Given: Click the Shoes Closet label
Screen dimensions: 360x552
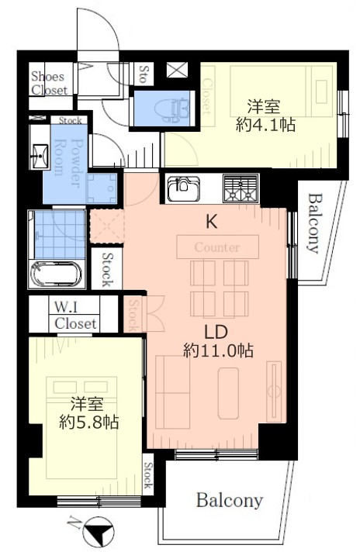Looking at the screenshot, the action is (x=49, y=83).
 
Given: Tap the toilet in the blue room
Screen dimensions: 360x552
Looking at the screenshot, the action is (x=171, y=109).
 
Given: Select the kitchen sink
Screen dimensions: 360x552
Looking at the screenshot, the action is (x=184, y=188).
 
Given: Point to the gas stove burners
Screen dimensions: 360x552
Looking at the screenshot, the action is (x=241, y=188).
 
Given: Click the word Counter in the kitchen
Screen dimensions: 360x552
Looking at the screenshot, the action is (x=217, y=247).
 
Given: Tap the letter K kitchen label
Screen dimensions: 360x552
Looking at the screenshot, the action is (x=211, y=222).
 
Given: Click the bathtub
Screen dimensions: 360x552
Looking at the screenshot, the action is (x=57, y=274).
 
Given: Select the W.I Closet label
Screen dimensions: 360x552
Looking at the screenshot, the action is (x=75, y=316).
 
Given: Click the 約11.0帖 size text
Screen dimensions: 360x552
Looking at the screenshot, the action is (x=218, y=350).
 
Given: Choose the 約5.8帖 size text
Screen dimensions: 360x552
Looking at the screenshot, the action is (x=88, y=422).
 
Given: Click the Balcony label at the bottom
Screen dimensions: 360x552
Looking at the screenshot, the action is (x=230, y=501).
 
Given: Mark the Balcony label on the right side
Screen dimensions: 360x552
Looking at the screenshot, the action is (x=314, y=223).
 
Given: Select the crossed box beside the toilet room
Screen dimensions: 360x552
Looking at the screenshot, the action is (x=178, y=70).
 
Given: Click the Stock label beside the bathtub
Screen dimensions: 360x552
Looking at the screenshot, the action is (x=107, y=270).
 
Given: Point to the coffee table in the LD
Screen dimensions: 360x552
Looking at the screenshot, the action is (x=228, y=393).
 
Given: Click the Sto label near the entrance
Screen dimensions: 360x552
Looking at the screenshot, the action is (x=144, y=74).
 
